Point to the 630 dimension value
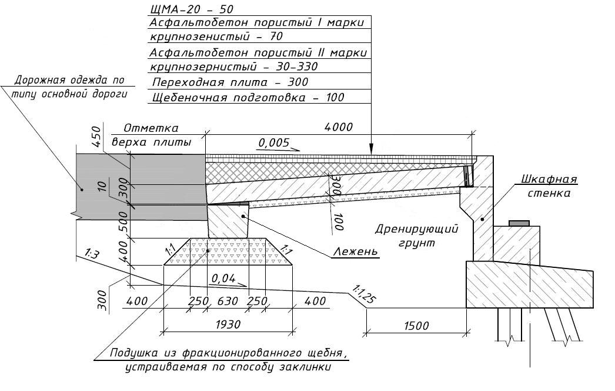pos(228,301)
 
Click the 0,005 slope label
pos(273,143)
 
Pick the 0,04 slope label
pos(223,278)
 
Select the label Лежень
pos(355,252)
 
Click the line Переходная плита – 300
pos(230,82)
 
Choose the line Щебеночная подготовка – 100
pos(248,97)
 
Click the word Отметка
pos(151,128)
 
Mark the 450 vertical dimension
pos(98,138)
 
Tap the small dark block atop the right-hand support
pos(518,223)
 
